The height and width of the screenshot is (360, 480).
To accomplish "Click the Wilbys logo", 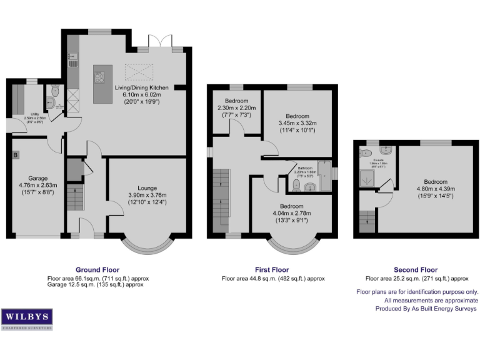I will point(27,318).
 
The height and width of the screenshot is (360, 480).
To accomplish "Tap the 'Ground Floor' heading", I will point(97,271).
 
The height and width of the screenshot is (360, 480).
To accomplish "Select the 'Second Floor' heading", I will point(416,271).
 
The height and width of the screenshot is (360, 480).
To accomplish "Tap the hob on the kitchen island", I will point(99,78).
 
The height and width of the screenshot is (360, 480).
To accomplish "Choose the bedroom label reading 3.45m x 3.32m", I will point(297,123).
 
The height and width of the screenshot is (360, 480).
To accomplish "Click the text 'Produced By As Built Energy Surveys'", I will point(426,309).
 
